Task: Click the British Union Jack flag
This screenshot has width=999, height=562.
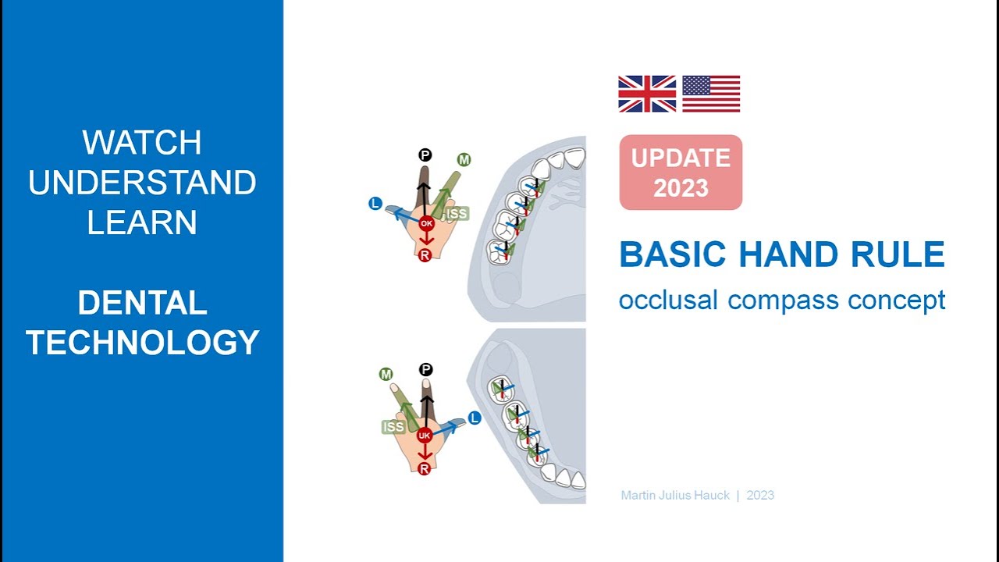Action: tap(647, 94)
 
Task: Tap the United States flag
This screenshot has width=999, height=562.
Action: tap(711, 94)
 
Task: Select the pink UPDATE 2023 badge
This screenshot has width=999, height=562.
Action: tap(681, 173)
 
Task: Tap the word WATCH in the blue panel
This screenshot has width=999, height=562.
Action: tap(142, 143)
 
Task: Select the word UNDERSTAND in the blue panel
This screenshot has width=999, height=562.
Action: tap(142, 183)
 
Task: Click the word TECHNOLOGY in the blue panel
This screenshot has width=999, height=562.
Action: tap(142, 343)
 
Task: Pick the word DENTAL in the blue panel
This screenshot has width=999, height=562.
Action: tap(142, 303)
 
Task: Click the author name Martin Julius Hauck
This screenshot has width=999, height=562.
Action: tap(675, 495)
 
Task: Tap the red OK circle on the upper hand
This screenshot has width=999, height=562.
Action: tap(425, 223)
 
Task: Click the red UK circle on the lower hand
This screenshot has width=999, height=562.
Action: tap(425, 435)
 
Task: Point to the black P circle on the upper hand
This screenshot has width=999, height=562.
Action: tap(425, 155)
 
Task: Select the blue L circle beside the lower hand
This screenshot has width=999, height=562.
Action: tap(474, 418)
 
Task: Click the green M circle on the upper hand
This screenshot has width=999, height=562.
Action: tap(464, 160)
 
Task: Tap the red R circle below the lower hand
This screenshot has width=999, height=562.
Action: tap(425, 468)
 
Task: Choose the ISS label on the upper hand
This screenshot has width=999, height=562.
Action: tap(457, 213)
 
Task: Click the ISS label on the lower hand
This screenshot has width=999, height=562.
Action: tap(393, 426)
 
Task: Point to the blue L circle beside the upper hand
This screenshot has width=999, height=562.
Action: tap(375, 204)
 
